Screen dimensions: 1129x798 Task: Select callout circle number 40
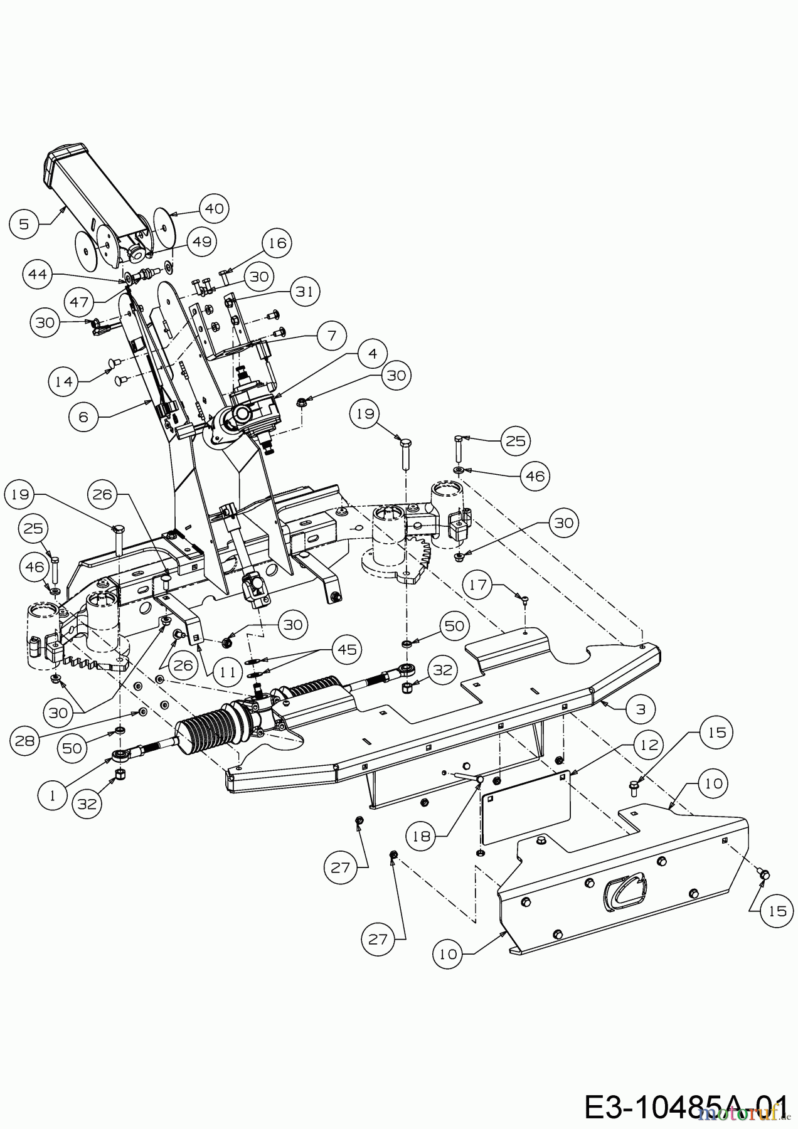(x=214, y=208)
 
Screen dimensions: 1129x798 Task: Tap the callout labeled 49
(x=201, y=241)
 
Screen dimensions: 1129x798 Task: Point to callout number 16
(x=277, y=243)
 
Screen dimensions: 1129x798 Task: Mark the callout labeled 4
(x=373, y=354)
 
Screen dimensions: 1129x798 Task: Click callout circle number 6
(x=85, y=416)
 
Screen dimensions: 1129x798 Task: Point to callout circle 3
(x=641, y=709)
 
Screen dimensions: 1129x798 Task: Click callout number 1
(x=54, y=795)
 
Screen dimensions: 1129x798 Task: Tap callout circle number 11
(x=228, y=672)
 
